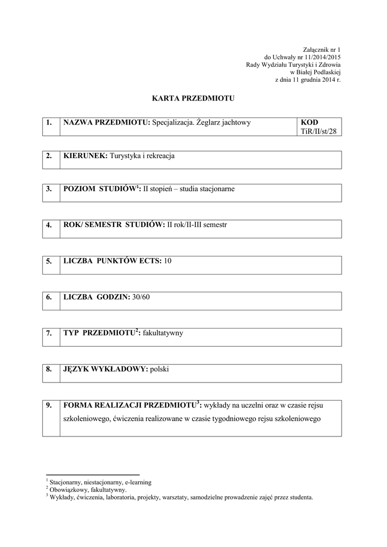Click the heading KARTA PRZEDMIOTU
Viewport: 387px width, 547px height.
click(193, 99)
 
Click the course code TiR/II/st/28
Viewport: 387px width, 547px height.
click(319, 131)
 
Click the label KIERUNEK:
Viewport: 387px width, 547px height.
click(85, 156)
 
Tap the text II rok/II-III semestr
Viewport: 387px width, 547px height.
click(197, 225)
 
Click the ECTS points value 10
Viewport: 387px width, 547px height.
click(168, 261)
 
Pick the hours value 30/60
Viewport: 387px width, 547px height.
click(141, 296)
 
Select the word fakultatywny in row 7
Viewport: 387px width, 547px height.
click(163, 332)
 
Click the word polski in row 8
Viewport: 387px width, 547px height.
click(160, 369)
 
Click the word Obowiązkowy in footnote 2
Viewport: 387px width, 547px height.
click(69, 489)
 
